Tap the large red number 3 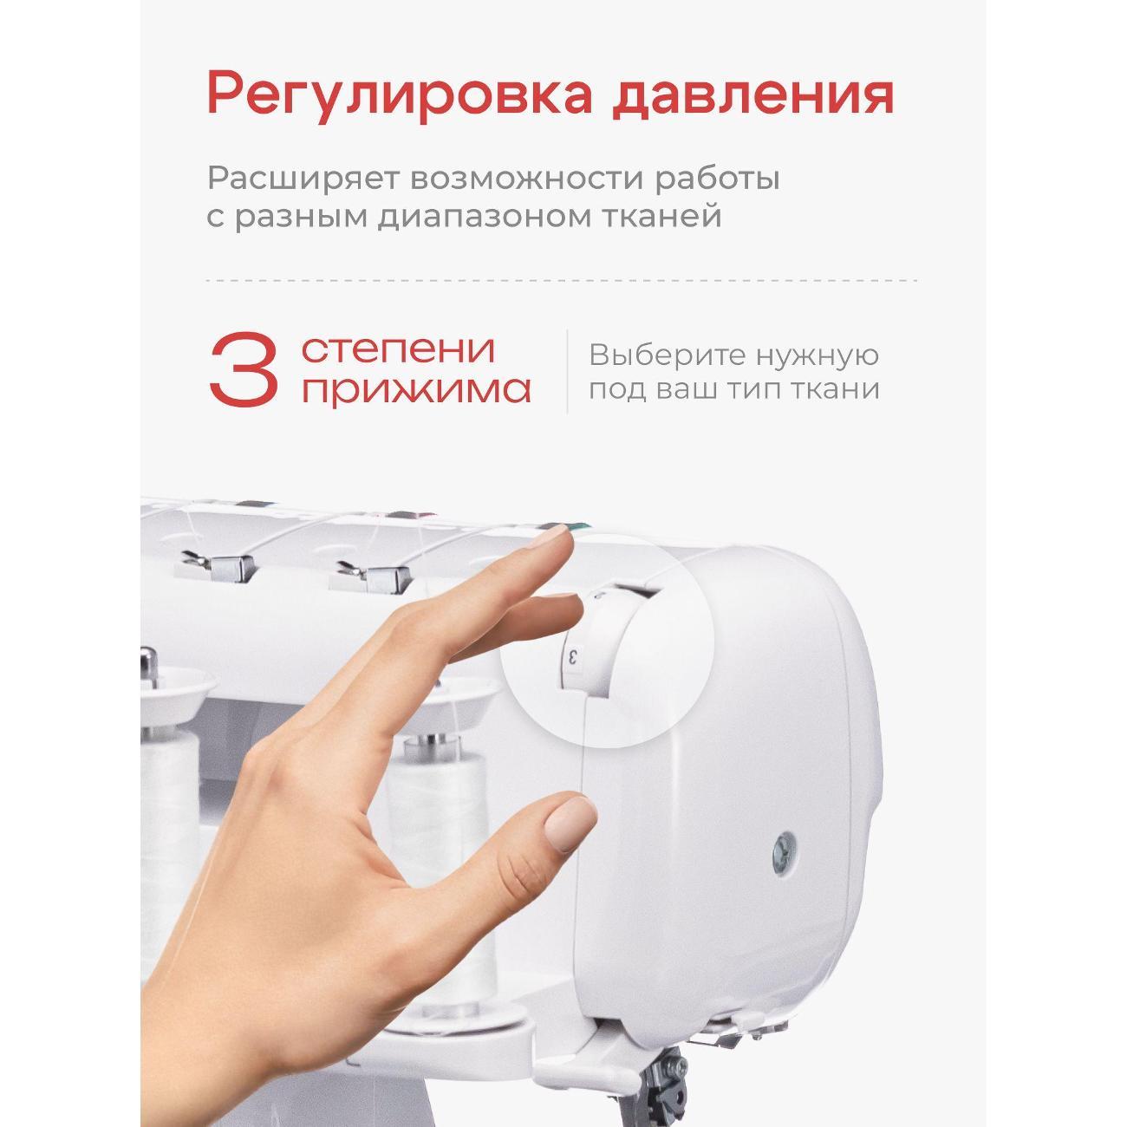pyautogui.click(x=244, y=369)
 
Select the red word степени pyautogui.click(x=398, y=350)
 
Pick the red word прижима pyautogui.click(x=416, y=388)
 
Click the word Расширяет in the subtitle pyautogui.click(x=303, y=179)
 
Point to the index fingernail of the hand pyautogui.click(x=550, y=535)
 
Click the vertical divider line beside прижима pyautogui.click(x=567, y=371)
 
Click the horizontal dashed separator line pyautogui.click(x=562, y=280)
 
